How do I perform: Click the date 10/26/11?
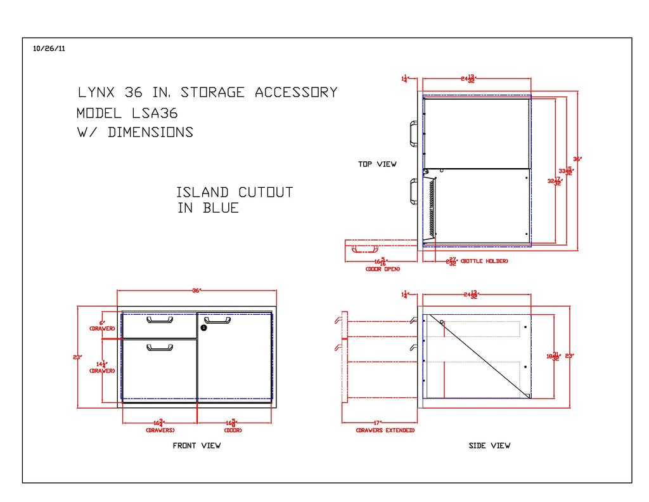48,48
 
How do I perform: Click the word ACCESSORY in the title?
296,93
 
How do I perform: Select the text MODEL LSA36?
127,113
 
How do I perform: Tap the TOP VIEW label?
377,164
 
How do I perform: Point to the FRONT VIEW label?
196,446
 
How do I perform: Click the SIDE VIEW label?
489,446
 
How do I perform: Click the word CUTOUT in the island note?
266,192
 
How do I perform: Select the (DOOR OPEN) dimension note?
382,269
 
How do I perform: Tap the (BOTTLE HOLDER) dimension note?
484,261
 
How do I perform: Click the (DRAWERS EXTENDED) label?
385,430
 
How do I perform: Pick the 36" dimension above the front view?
196,290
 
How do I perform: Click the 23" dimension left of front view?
77,357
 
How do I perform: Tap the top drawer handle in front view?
160,320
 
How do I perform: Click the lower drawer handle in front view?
160,347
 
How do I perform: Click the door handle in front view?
217,320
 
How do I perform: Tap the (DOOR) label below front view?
233,430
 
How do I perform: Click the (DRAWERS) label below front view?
160,430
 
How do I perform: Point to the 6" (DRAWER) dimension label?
101,325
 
